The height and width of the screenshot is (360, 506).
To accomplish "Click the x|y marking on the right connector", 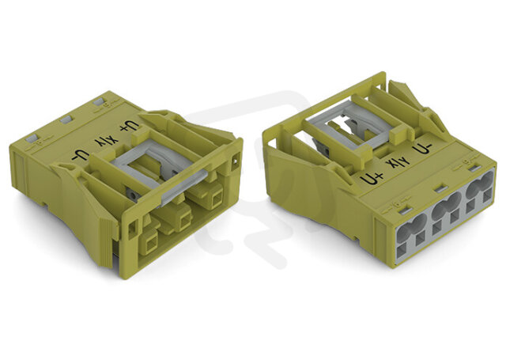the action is coord(398,163).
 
